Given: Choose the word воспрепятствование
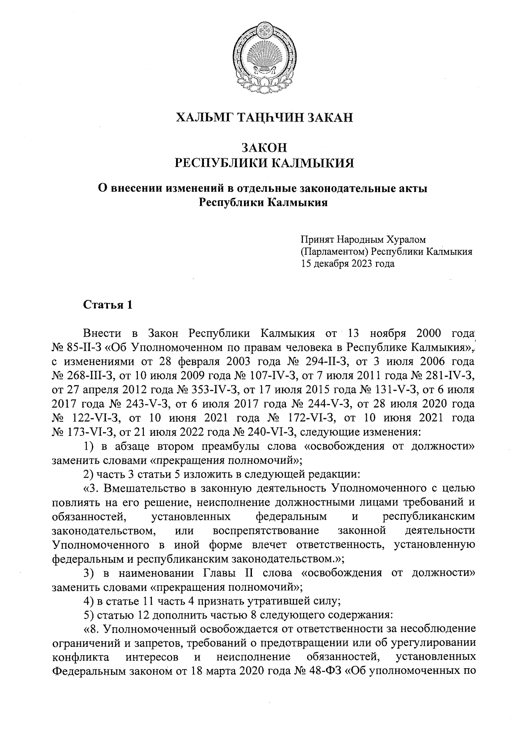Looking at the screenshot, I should click(266, 530).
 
